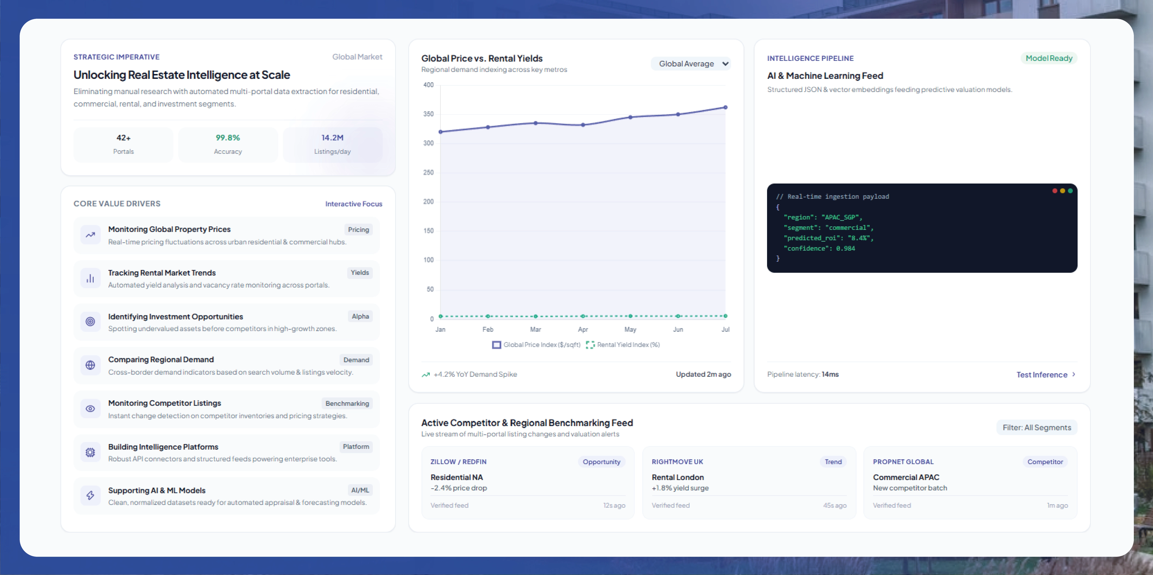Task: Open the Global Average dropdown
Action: coord(691,64)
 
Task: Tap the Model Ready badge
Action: coord(1049,58)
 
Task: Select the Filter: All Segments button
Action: coord(1037,427)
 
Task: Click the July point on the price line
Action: coord(726,107)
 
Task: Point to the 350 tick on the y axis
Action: coord(428,114)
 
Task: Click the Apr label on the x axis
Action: coord(583,329)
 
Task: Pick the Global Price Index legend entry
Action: coord(536,344)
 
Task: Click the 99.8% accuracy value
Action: coord(228,138)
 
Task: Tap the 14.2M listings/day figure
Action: coord(332,138)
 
